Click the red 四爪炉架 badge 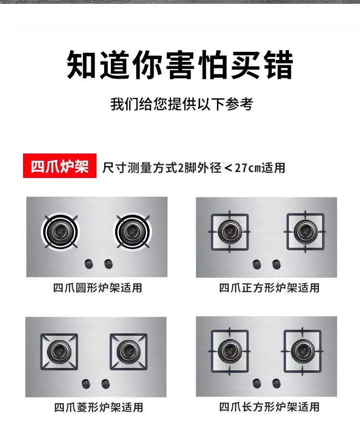point(60,166)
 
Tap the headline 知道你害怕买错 point(180,65)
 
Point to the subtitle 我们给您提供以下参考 point(181,104)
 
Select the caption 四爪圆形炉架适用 point(97,288)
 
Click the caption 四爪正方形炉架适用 point(269,288)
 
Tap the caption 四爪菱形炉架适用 point(98,407)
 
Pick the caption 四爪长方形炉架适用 point(269,407)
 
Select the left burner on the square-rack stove point(230,232)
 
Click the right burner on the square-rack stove point(305,232)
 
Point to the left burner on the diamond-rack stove point(59,352)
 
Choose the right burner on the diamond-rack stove point(129,352)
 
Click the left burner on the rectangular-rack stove point(230,351)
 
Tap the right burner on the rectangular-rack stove point(302,351)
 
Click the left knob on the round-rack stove point(89,264)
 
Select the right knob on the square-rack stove point(276,264)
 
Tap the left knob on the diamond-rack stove point(86,384)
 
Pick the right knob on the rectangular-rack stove point(276,383)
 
